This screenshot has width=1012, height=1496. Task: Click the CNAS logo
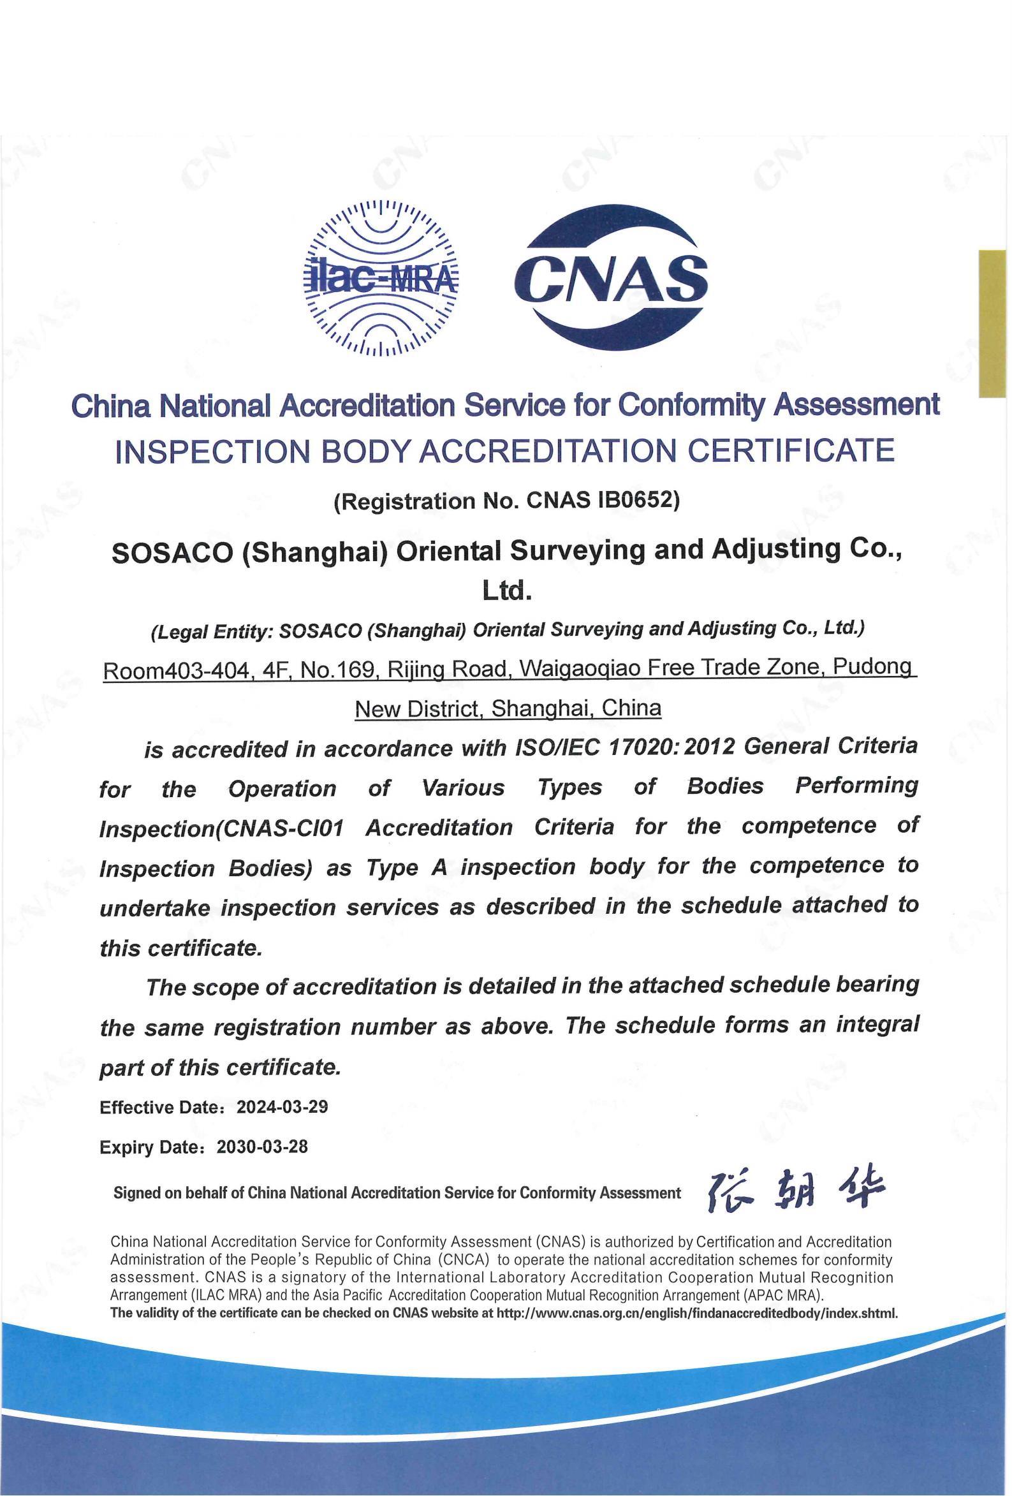(x=615, y=277)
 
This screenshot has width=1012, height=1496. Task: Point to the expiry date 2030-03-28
(x=263, y=1147)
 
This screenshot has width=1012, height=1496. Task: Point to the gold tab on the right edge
(x=992, y=323)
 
